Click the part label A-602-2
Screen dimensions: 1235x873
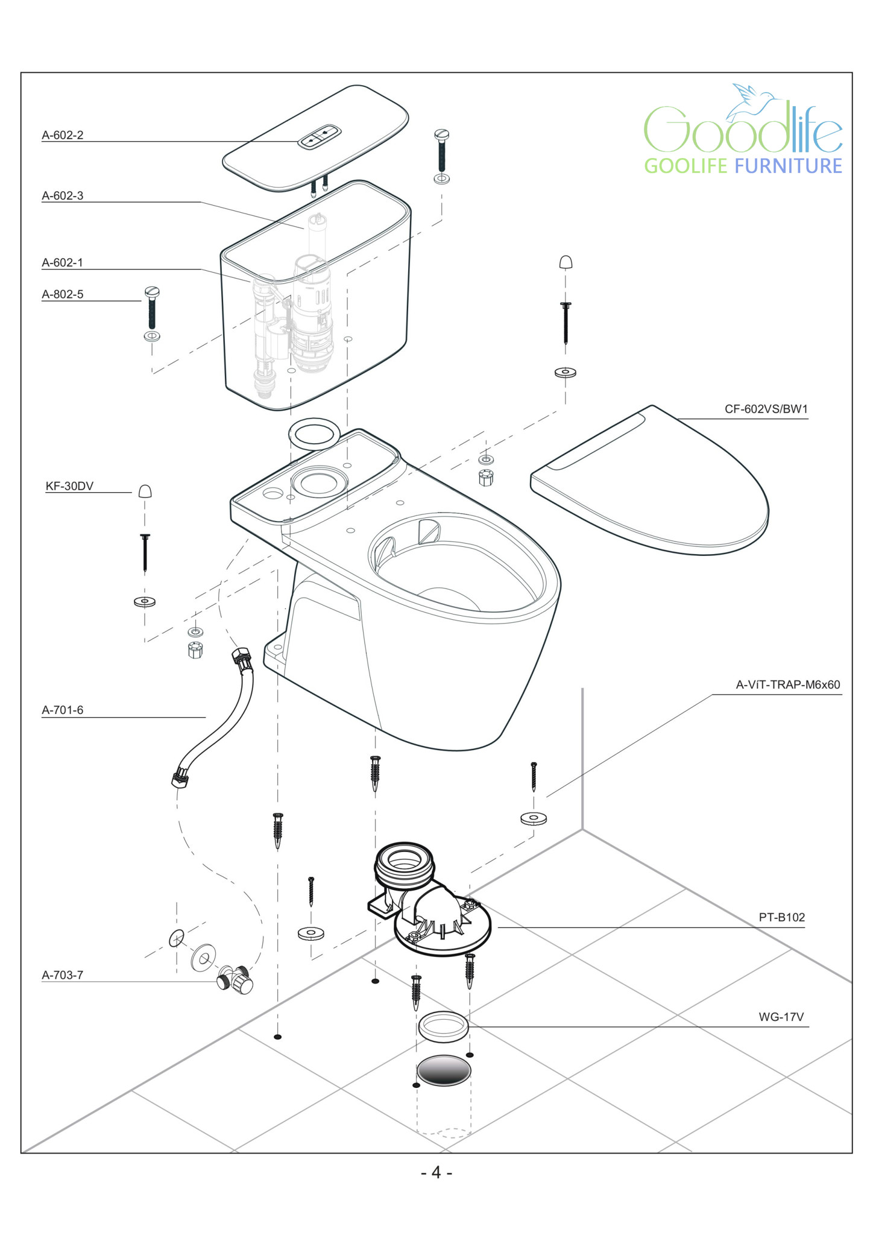63,135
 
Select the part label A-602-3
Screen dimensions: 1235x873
63,195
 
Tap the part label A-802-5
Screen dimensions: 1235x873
63,294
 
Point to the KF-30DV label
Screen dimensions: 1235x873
70,486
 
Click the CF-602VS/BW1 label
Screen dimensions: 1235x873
766,409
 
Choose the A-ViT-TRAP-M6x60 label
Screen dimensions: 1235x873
787,684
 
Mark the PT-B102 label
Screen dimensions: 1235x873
781,917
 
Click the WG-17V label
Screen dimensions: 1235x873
781,1017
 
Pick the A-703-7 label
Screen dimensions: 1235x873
63,974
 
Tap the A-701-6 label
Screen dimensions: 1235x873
63,710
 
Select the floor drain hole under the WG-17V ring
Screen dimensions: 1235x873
444,1070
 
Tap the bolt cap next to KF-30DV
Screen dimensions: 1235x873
145,491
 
